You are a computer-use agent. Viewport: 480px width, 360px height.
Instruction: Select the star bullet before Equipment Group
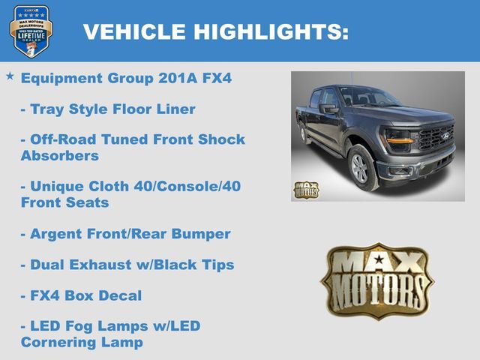tap(10, 76)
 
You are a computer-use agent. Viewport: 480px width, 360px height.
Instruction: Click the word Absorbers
tap(60, 156)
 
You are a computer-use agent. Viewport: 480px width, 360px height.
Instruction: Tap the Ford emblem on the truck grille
tap(444, 137)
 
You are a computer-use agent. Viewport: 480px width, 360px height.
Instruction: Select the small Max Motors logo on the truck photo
tap(306, 190)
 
